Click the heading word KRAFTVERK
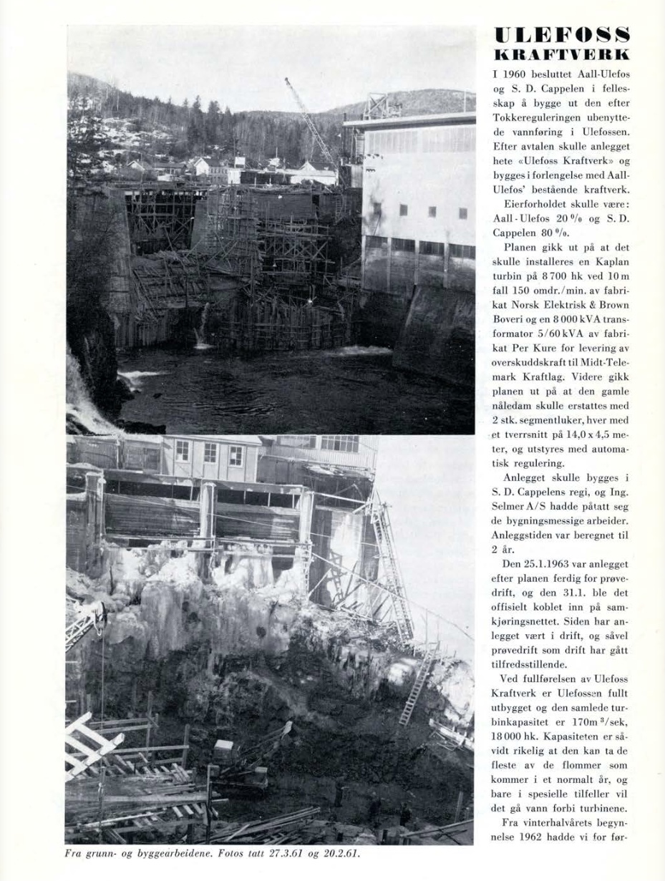pos(561,54)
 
